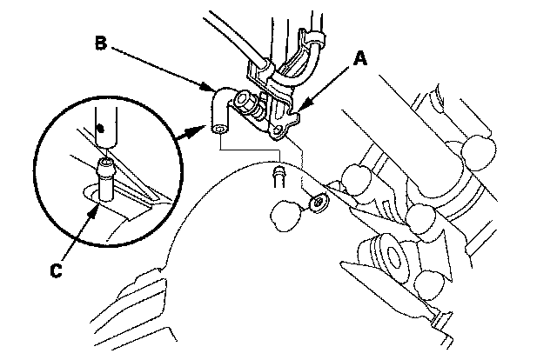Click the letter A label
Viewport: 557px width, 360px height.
coord(360,58)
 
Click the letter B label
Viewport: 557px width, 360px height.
coord(101,43)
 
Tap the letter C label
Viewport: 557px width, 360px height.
coord(56,270)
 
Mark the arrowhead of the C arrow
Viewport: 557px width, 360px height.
coord(94,212)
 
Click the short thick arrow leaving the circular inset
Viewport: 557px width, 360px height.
coord(191,132)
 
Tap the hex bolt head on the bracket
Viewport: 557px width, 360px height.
coord(244,100)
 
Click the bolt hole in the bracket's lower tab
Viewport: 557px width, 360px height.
coord(279,128)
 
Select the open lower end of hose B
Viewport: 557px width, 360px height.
coord(220,129)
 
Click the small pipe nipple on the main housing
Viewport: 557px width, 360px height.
coord(278,177)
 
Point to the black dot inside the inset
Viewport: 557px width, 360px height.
coord(101,128)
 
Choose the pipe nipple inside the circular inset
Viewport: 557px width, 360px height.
coord(105,180)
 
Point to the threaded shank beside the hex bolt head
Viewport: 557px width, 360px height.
coord(259,110)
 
